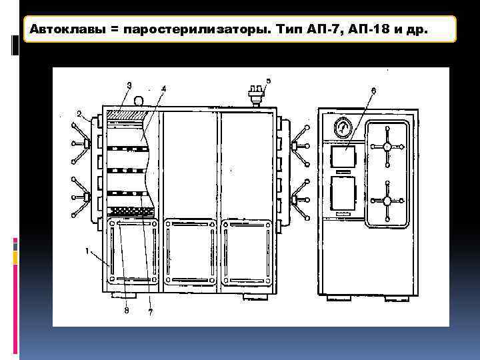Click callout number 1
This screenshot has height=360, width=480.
87,251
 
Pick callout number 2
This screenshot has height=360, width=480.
79,113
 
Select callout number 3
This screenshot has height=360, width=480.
129,85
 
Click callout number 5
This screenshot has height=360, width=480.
268,81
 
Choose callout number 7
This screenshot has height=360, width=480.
150,311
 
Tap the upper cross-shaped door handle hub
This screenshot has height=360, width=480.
387,147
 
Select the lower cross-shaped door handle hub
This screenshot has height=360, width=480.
387,200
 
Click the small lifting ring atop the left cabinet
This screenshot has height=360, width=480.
139,101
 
